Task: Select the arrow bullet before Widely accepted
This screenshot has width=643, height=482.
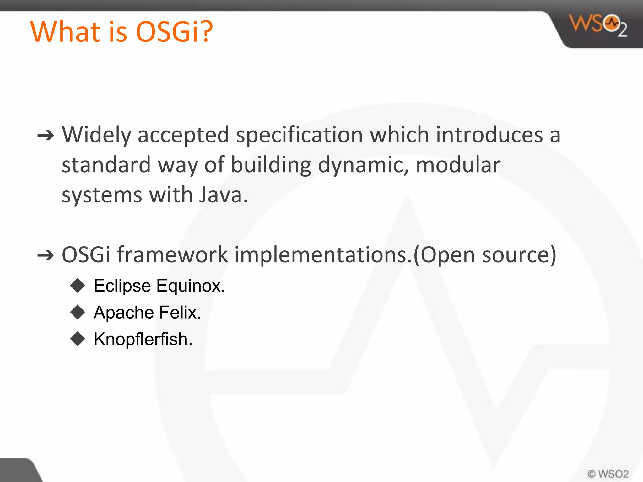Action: pos(46,136)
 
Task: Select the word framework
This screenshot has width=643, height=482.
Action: pos(172,254)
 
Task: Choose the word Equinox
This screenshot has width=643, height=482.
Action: pos(191,286)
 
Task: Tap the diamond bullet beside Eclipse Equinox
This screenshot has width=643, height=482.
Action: pos(78,285)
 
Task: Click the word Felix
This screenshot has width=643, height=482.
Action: pos(180,313)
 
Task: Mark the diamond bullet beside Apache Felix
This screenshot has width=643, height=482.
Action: pos(78,312)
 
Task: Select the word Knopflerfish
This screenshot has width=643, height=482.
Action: pos(143,340)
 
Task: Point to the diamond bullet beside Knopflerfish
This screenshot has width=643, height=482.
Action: pos(78,339)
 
